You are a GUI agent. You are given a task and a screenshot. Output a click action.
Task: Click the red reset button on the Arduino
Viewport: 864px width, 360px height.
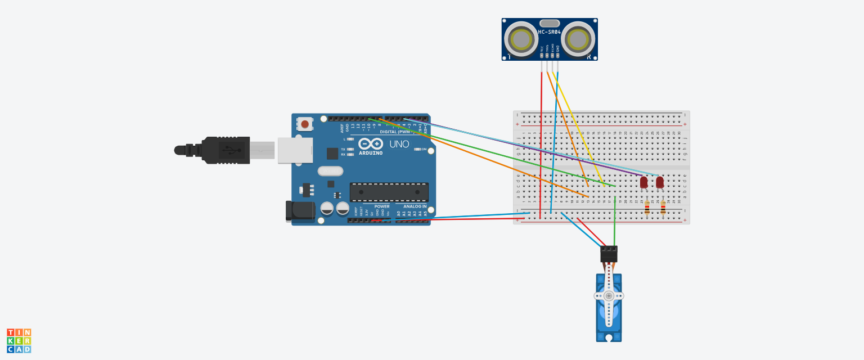pos(305,124)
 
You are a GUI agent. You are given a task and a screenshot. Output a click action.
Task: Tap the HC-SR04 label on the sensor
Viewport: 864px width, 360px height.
pos(549,32)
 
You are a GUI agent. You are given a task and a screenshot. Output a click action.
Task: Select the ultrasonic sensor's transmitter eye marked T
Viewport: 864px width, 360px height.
pos(521,39)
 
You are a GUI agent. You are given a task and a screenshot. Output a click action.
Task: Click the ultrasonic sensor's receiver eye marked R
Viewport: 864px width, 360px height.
pos(578,39)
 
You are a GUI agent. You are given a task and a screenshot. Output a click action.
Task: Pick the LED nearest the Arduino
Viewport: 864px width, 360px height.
pos(644,182)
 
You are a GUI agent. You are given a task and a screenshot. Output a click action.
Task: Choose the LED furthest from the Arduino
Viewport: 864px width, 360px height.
pos(660,182)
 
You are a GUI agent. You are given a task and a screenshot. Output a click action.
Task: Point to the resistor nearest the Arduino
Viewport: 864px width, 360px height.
pos(647,208)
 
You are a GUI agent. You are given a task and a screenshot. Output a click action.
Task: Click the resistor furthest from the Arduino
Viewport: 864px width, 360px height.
pos(663,208)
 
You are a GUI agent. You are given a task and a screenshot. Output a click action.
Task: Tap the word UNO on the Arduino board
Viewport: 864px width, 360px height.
pos(399,144)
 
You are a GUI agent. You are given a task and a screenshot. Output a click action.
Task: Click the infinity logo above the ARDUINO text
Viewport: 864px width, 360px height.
pos(370,144)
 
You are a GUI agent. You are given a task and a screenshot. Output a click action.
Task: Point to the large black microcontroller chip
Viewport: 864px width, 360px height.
pos(389,192)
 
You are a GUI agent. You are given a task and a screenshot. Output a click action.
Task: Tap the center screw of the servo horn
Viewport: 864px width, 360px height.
pos(609,295)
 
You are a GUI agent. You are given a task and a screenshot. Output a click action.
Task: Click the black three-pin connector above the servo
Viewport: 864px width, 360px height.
pos(609,254)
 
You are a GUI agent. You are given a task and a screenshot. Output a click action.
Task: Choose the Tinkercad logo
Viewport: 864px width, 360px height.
pos(19,341)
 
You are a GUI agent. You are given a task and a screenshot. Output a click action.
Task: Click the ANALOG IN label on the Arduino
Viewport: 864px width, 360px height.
pos(415,206)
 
